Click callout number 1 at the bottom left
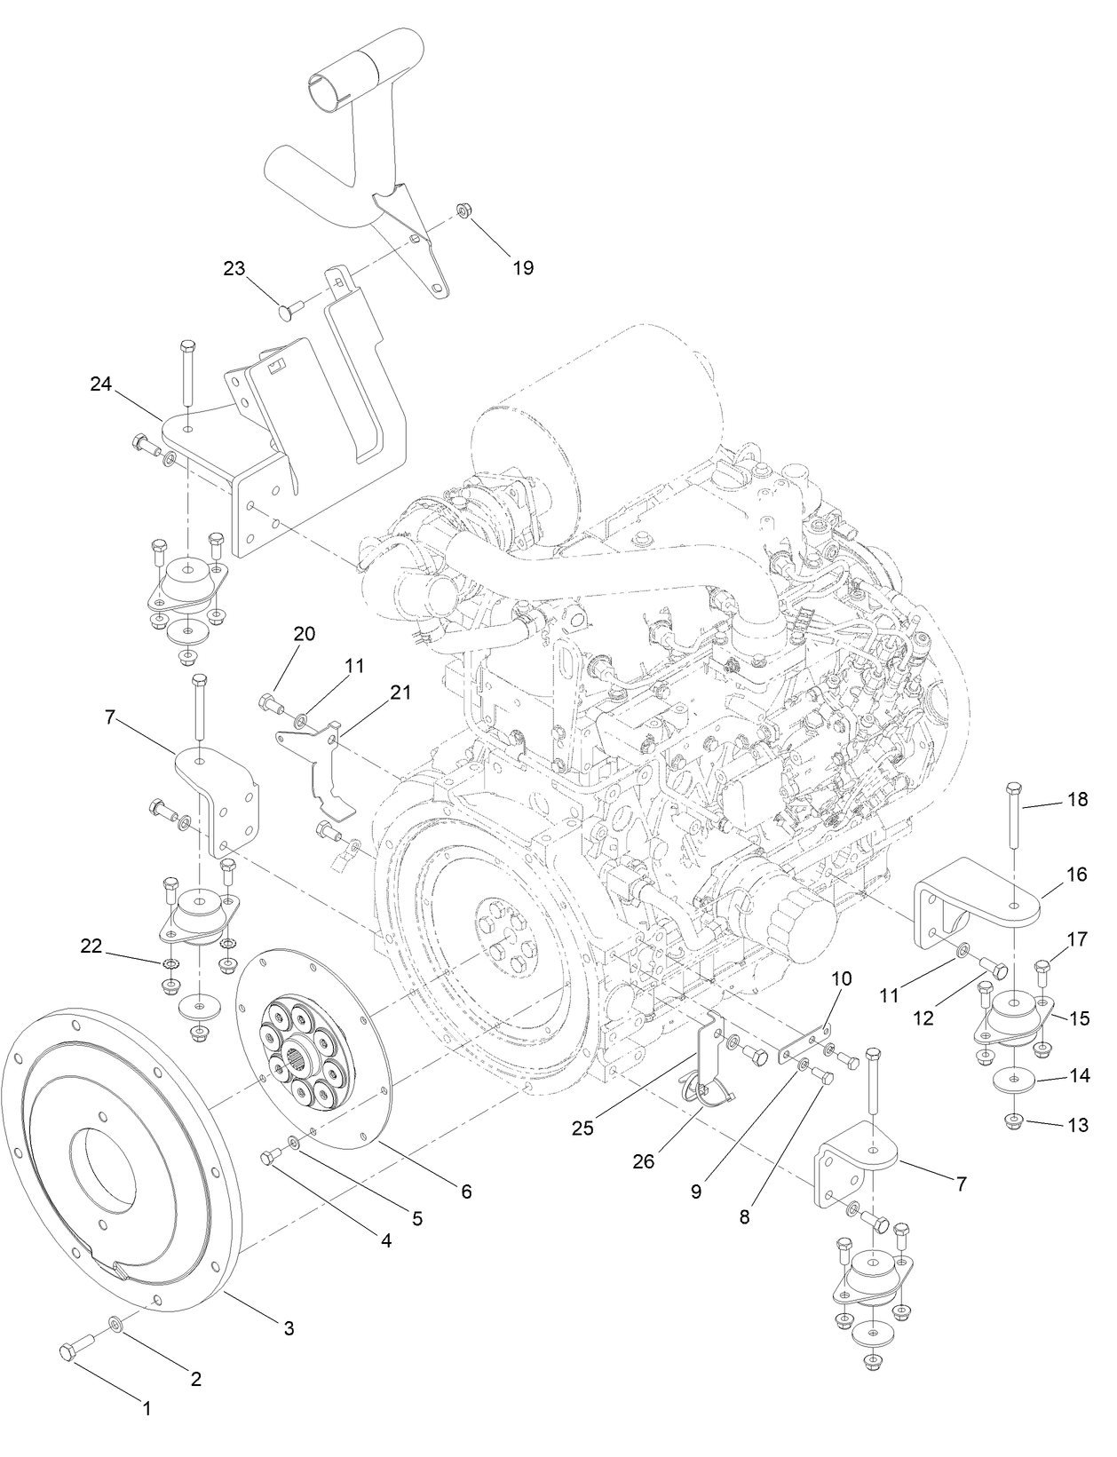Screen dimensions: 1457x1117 (x=147, y=1406)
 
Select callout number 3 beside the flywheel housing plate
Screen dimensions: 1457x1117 (x=289, y=1328)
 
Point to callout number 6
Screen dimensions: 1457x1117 (x=465, y=1191)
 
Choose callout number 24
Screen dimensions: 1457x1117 (x=102, y=384)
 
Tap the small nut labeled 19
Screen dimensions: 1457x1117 (x=462, y=210)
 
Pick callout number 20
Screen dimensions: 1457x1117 (x=305, y=634)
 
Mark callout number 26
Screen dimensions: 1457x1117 (x=644, y=1160)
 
